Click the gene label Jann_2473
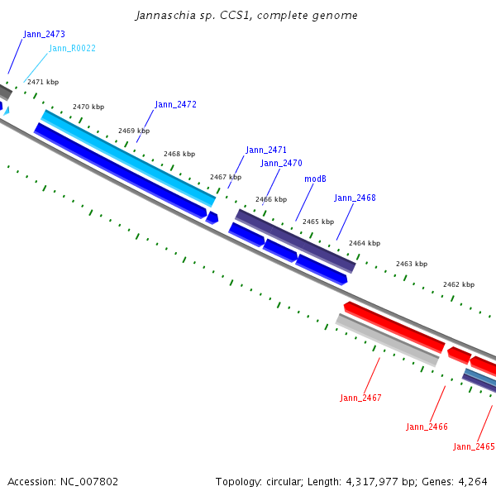[x=44, y=35]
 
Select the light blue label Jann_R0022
[x=72, y=49]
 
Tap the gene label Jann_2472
[x=175, y=105]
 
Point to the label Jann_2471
[x=266, y=150]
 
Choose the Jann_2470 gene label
[x=281, y=164]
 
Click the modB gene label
[x=315, y=179]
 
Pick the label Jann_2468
[x=355, y=198]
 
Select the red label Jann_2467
[x=360, y=398]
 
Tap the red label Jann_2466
[x=427, y=427]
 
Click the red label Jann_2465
[x=474, y=447]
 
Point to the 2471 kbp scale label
[x=43, y=83]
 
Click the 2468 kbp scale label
[x=179, y=155]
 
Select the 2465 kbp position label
[x=317, y=222]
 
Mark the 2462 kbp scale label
[x=458, y=285]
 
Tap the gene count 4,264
[x=472, y=481]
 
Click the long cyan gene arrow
[x=128, y=158]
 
